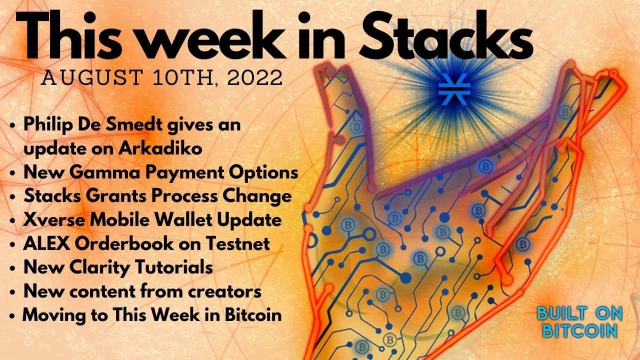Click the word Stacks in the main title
pos(446,35)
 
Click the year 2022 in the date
pos(255,77)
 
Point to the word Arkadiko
pos(160,148)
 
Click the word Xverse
pos(54,220)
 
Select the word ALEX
pos(47,243)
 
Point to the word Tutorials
pos(173,267)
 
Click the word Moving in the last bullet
pos(51,315)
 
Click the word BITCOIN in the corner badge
pos(580,331)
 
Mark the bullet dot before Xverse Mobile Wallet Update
pos(12,221)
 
